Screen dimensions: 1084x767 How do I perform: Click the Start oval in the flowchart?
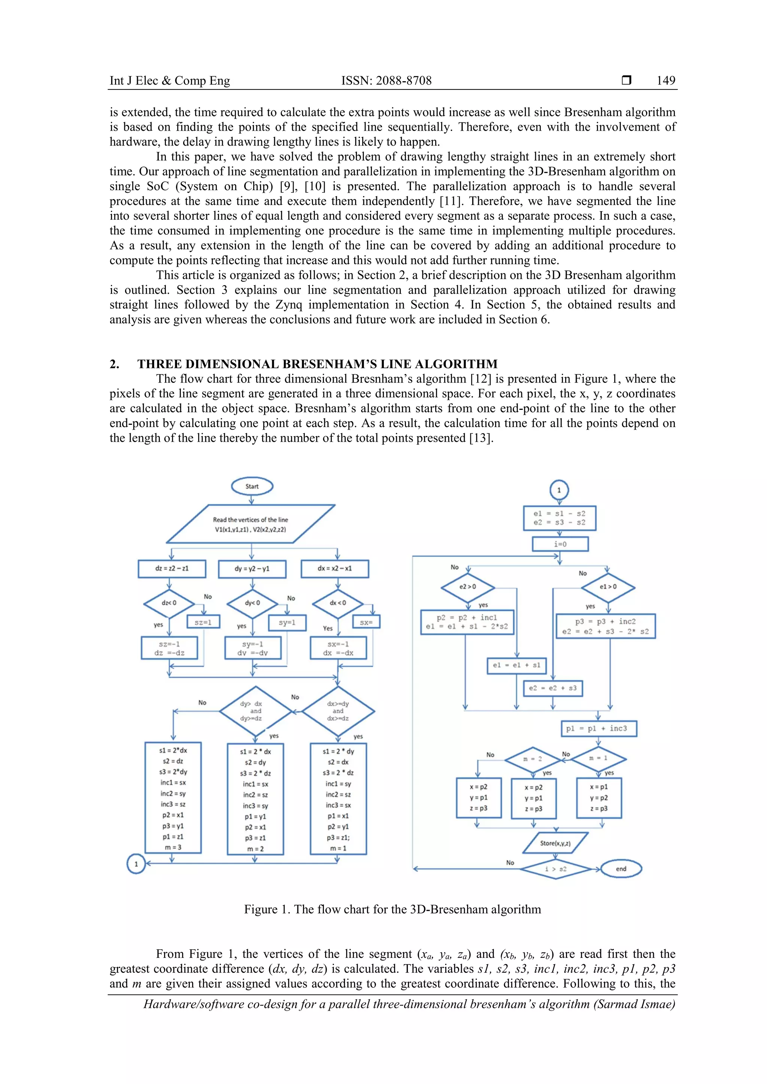click(x=252, y=486)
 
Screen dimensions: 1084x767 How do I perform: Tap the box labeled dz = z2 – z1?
click(x=172, y=569)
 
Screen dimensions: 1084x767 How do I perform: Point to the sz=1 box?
click(x=203, y=622)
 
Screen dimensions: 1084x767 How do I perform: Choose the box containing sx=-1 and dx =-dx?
click(x=338, y=648)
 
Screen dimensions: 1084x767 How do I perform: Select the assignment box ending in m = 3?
click(x=173, y=797)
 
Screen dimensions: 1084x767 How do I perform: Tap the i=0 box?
click(x=560, y=544)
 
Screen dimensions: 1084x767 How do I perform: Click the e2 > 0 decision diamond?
click(x=467, y=587)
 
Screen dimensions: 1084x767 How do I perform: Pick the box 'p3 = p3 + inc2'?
click(x=606, y=626)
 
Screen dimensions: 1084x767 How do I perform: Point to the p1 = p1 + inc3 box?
click(x=598, y=728)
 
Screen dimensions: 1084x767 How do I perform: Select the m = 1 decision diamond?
click(x=598, y=758)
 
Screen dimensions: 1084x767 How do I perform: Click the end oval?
click(x=621, y=869)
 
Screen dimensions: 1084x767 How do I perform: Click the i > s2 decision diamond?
click(x=556, y=869)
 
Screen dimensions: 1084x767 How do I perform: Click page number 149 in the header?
click(x=666, y=81)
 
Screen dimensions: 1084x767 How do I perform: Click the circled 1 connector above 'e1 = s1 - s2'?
click(x=559, y=490)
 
